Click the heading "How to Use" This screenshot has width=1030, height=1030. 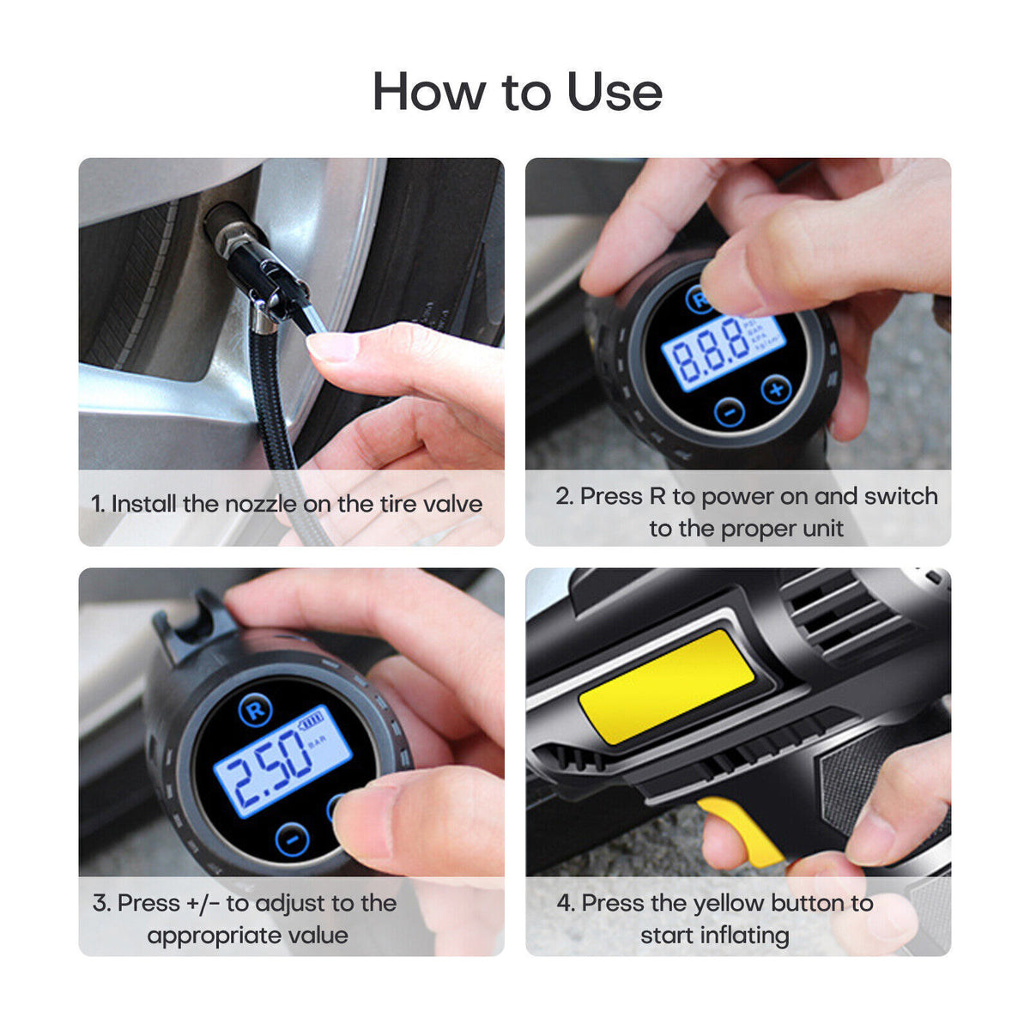(x=517, y=91)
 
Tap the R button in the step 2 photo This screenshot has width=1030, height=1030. (x=700, y=300)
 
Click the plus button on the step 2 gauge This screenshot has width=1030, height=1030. (x=776, y=390)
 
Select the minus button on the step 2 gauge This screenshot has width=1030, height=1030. (x=729, y=412)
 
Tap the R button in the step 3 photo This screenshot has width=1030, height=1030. (x=255, y=711)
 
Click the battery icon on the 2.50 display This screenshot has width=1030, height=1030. (x=311, y=719)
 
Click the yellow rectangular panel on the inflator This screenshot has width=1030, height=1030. (x=666, y=684)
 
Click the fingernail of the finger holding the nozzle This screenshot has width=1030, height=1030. (x=331, y=346)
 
